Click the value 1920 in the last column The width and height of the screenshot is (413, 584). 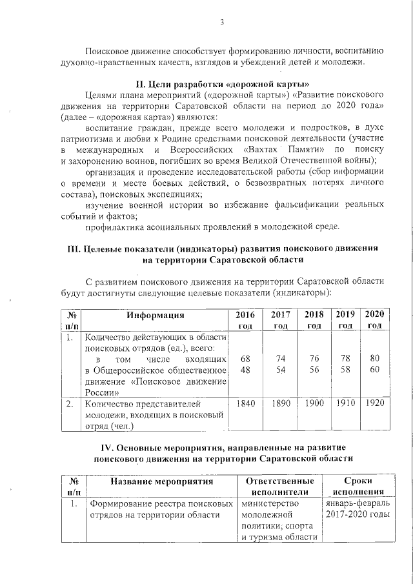(x=375, y=403)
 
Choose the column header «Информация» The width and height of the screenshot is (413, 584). (x=156, y=315)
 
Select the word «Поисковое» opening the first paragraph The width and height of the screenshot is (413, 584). (x=108, y=50)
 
